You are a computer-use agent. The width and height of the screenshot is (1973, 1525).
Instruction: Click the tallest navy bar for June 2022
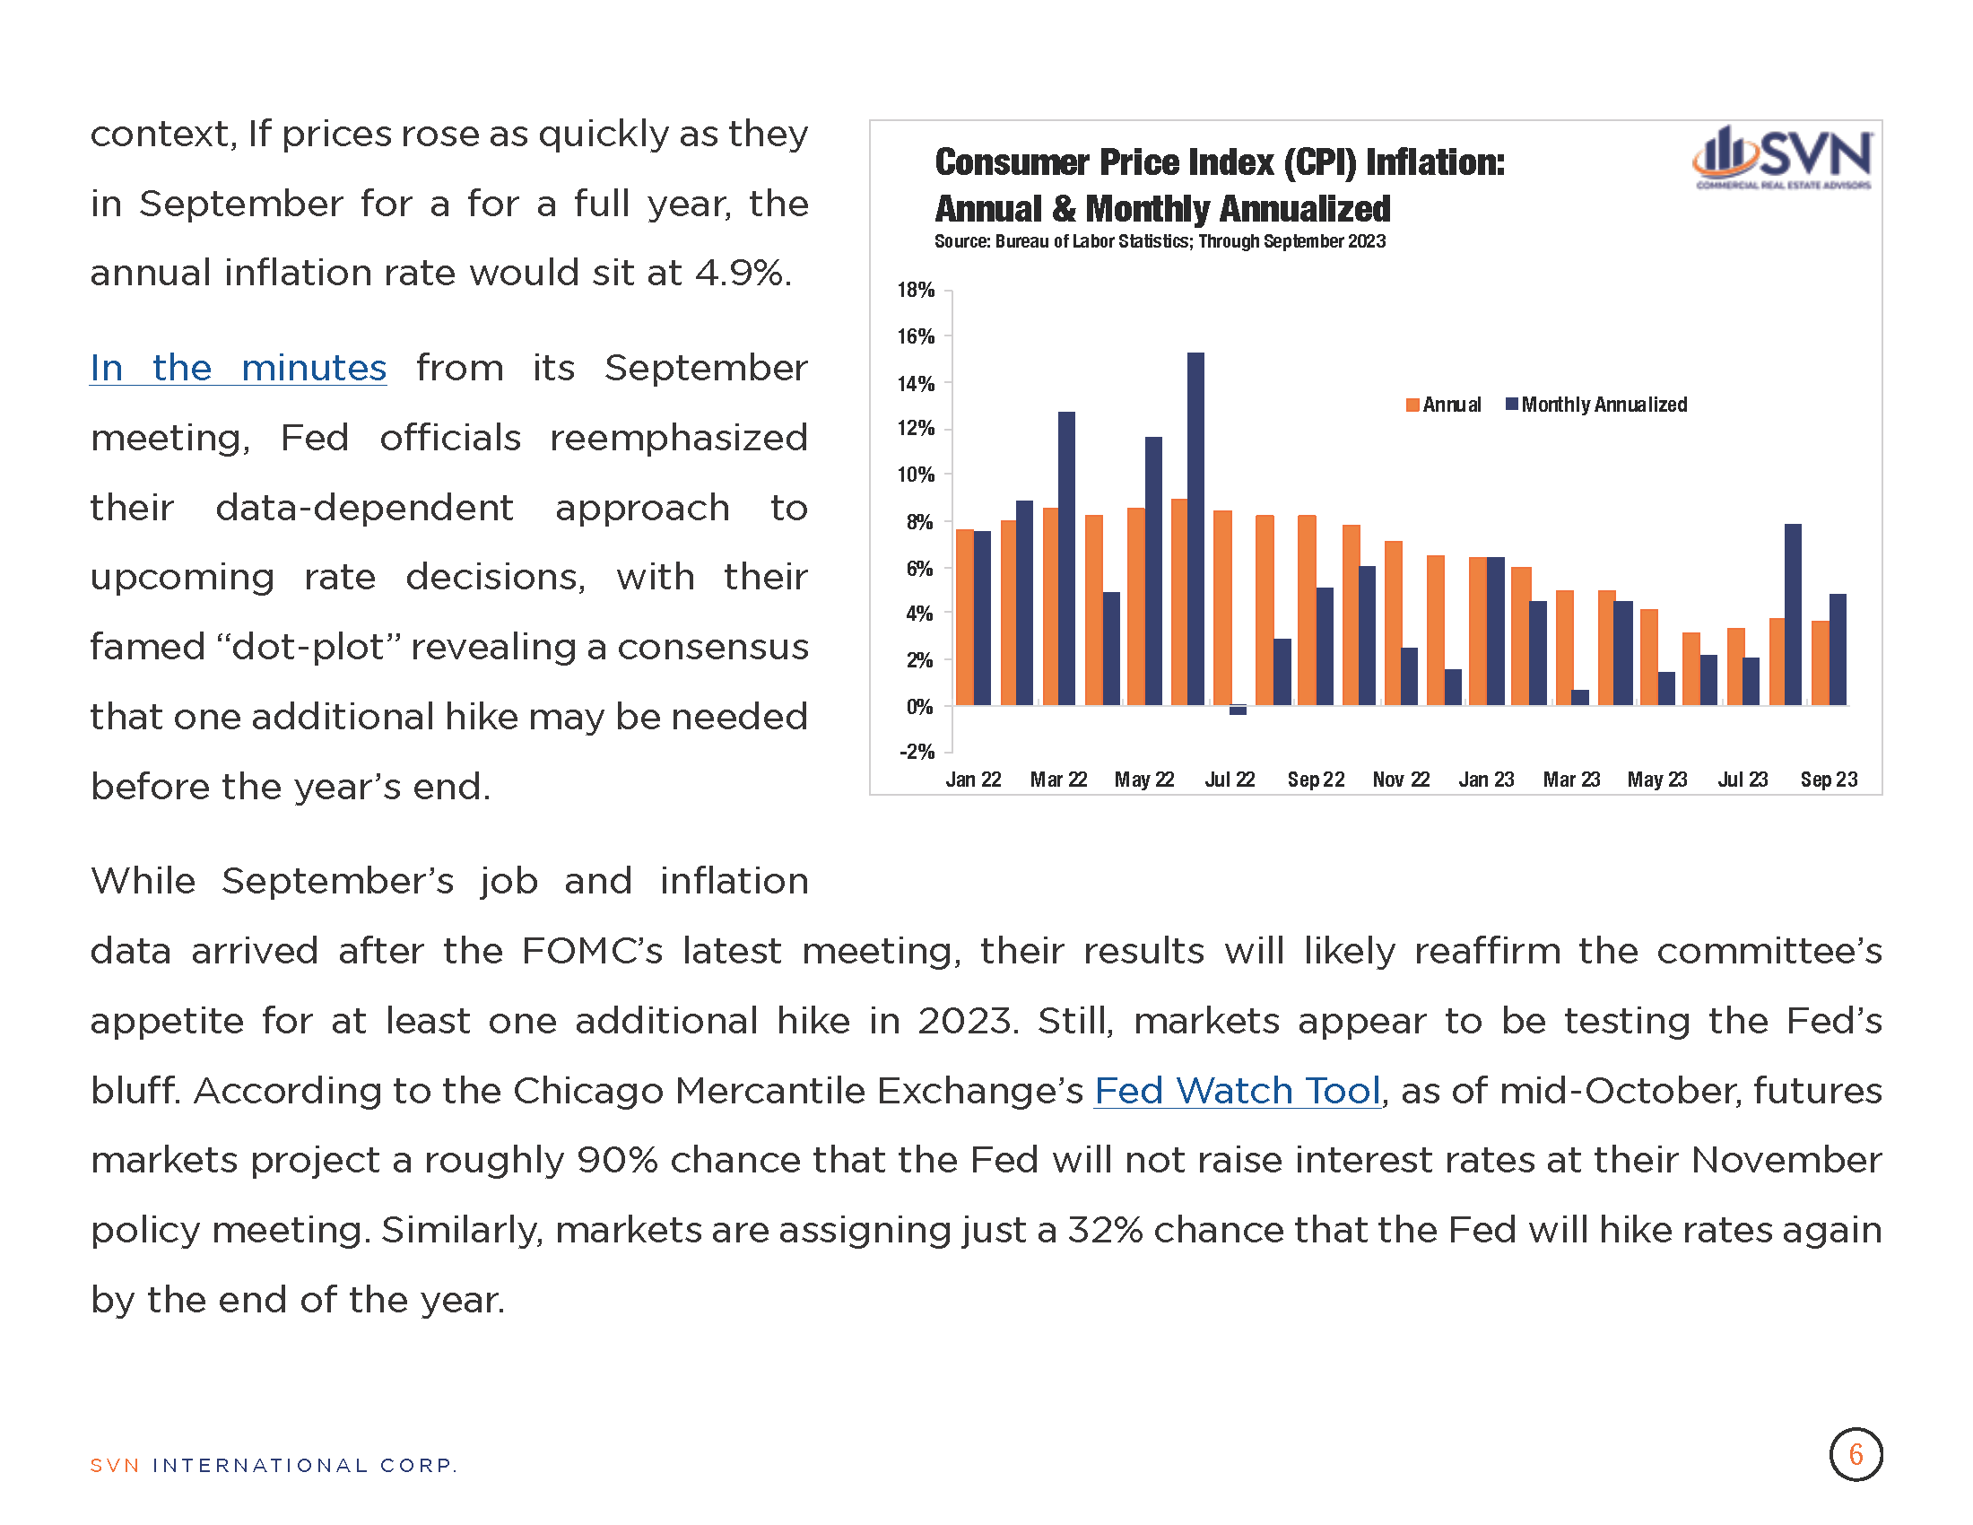[x=1195, y=528]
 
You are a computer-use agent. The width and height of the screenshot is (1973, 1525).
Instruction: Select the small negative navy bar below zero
[x=1238, y=710]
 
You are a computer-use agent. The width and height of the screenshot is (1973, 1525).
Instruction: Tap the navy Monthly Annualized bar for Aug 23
[x=1794, y=614]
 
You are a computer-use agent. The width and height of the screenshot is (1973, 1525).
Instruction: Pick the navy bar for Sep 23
[x=1838, y=649]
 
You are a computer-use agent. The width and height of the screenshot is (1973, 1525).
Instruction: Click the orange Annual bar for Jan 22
[x=965, y=617]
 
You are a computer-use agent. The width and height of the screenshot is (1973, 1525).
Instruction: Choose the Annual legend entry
[x=1444, y=405]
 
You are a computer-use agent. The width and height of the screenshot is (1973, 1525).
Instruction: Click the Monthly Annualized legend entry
[x=1596, y=405]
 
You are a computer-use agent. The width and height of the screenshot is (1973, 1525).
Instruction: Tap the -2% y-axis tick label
[x=916, y=752]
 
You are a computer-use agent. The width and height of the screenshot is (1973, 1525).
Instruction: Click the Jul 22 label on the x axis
[x=1230, y=780]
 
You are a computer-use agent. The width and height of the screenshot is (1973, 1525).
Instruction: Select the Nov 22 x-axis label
[x=1401, y=780]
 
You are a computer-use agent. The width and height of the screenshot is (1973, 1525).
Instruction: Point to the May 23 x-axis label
[x=1656, y=780]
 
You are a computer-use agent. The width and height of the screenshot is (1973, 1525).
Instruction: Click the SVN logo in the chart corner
[x=1782, y=157]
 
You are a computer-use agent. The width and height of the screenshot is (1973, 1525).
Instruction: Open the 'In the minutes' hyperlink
[x=239, y=369]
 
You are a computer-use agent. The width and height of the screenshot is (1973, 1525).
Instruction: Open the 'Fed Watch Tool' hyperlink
[x=1238, y=1092]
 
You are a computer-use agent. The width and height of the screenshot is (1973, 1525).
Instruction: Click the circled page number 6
[x=1856, y=1454]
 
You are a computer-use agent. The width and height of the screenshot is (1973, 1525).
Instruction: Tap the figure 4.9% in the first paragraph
[x=743, y=273]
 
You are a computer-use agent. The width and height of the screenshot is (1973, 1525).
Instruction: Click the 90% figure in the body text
[x=618, y=1161]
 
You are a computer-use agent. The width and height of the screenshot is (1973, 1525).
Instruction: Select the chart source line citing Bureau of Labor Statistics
[x=1160, y=241]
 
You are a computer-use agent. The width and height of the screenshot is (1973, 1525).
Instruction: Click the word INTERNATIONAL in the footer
[x=260, y=1466]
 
